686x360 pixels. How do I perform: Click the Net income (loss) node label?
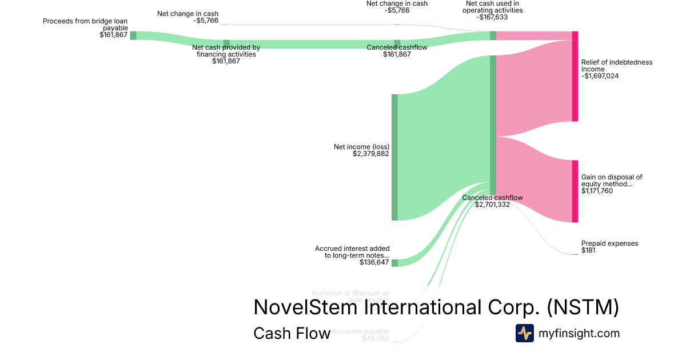tap(361, 147)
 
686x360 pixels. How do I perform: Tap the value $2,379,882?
tap(371, 154)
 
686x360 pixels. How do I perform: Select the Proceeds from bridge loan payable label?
tap(85, 24)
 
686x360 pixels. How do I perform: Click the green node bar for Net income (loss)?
tap(394, 157)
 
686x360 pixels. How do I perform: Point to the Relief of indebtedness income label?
tap(616, 65)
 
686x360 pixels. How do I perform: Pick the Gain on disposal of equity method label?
tap(611, 181)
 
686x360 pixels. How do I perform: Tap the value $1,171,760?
tap(597, 191)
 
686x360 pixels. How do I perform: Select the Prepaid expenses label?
tap(609, 243)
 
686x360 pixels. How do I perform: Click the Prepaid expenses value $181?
tap(588, 250)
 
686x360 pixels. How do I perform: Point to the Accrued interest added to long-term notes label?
tap(352, 252)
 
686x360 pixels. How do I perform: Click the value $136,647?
tap(374, 262)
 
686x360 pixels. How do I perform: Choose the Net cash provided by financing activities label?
tap(226, 51)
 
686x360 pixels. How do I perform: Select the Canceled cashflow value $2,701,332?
tap(492, 205)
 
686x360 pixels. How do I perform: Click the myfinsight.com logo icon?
tap(524, 333)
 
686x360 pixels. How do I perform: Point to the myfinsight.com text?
tap(579, 333)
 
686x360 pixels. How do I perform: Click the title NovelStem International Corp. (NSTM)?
tap(436, 307)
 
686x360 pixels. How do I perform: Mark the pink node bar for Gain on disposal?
tap(575, 191)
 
